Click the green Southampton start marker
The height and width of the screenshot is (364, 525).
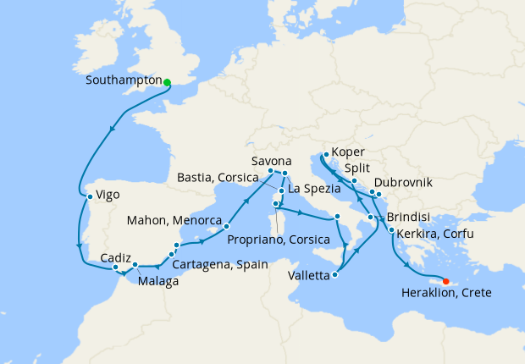167,82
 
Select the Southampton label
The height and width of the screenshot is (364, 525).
123,82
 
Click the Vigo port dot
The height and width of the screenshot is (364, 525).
90,198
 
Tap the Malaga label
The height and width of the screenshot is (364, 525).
157,281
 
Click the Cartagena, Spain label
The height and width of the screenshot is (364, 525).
220,264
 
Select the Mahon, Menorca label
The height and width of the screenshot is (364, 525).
174,221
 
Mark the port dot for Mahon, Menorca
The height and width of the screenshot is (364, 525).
227,227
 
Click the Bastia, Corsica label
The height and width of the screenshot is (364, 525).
222,179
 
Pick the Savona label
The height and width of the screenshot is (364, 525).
272,161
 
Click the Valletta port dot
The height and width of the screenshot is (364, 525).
337,274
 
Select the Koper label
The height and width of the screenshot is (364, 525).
349,152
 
